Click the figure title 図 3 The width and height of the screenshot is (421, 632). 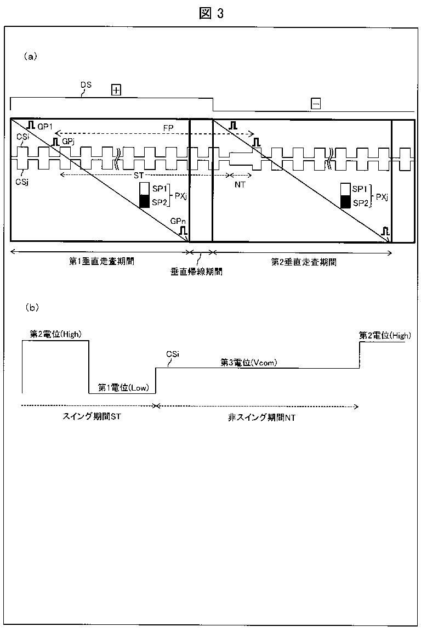[211, 13]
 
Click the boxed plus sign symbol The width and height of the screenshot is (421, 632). [116, 90]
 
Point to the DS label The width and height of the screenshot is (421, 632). [86, 85]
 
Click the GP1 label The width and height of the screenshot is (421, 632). [45, 126]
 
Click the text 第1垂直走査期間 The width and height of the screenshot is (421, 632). [101, 262]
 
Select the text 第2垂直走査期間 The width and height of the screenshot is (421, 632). [304, 262]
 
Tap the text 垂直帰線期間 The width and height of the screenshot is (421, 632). [201, 271]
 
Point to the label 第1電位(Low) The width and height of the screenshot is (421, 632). [122, 388]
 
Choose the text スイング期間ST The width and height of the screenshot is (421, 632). [89, 417]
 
